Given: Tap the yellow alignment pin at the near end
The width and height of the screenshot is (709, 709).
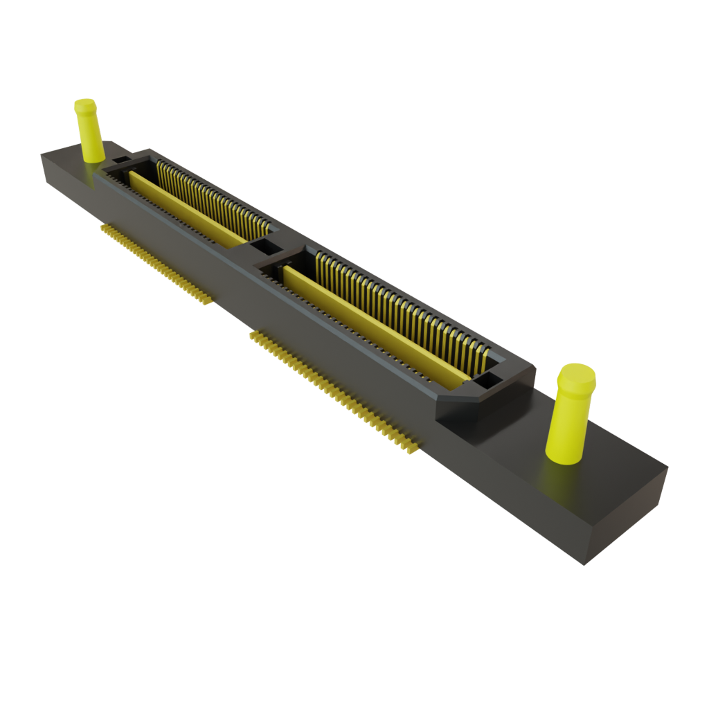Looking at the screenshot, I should point(571,415).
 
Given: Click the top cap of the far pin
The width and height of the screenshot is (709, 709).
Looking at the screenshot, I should point(85,105).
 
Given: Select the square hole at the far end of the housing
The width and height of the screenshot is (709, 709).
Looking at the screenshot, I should point(120,161).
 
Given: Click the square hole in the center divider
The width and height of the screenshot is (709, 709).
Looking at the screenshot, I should point(266,246).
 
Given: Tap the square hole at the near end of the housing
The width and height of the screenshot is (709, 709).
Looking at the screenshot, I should point(487,379).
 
